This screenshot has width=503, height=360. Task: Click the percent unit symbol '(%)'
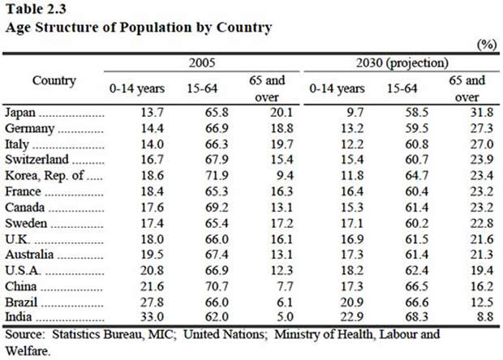[x=487, y=45]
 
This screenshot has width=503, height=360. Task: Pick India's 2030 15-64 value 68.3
[x=398, y=315]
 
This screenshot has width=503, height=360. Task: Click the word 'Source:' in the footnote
[x=25, y=333]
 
